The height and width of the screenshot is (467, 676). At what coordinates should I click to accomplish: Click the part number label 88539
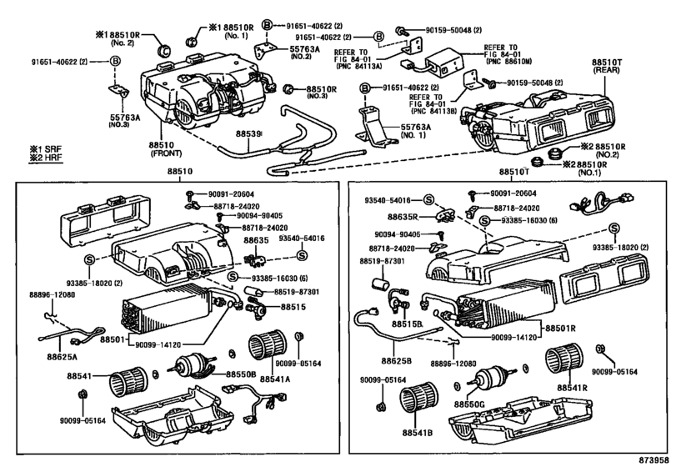(248, 133)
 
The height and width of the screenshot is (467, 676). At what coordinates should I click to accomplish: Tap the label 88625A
(63, 356)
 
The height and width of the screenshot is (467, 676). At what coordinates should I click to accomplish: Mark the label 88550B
(241, 374)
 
